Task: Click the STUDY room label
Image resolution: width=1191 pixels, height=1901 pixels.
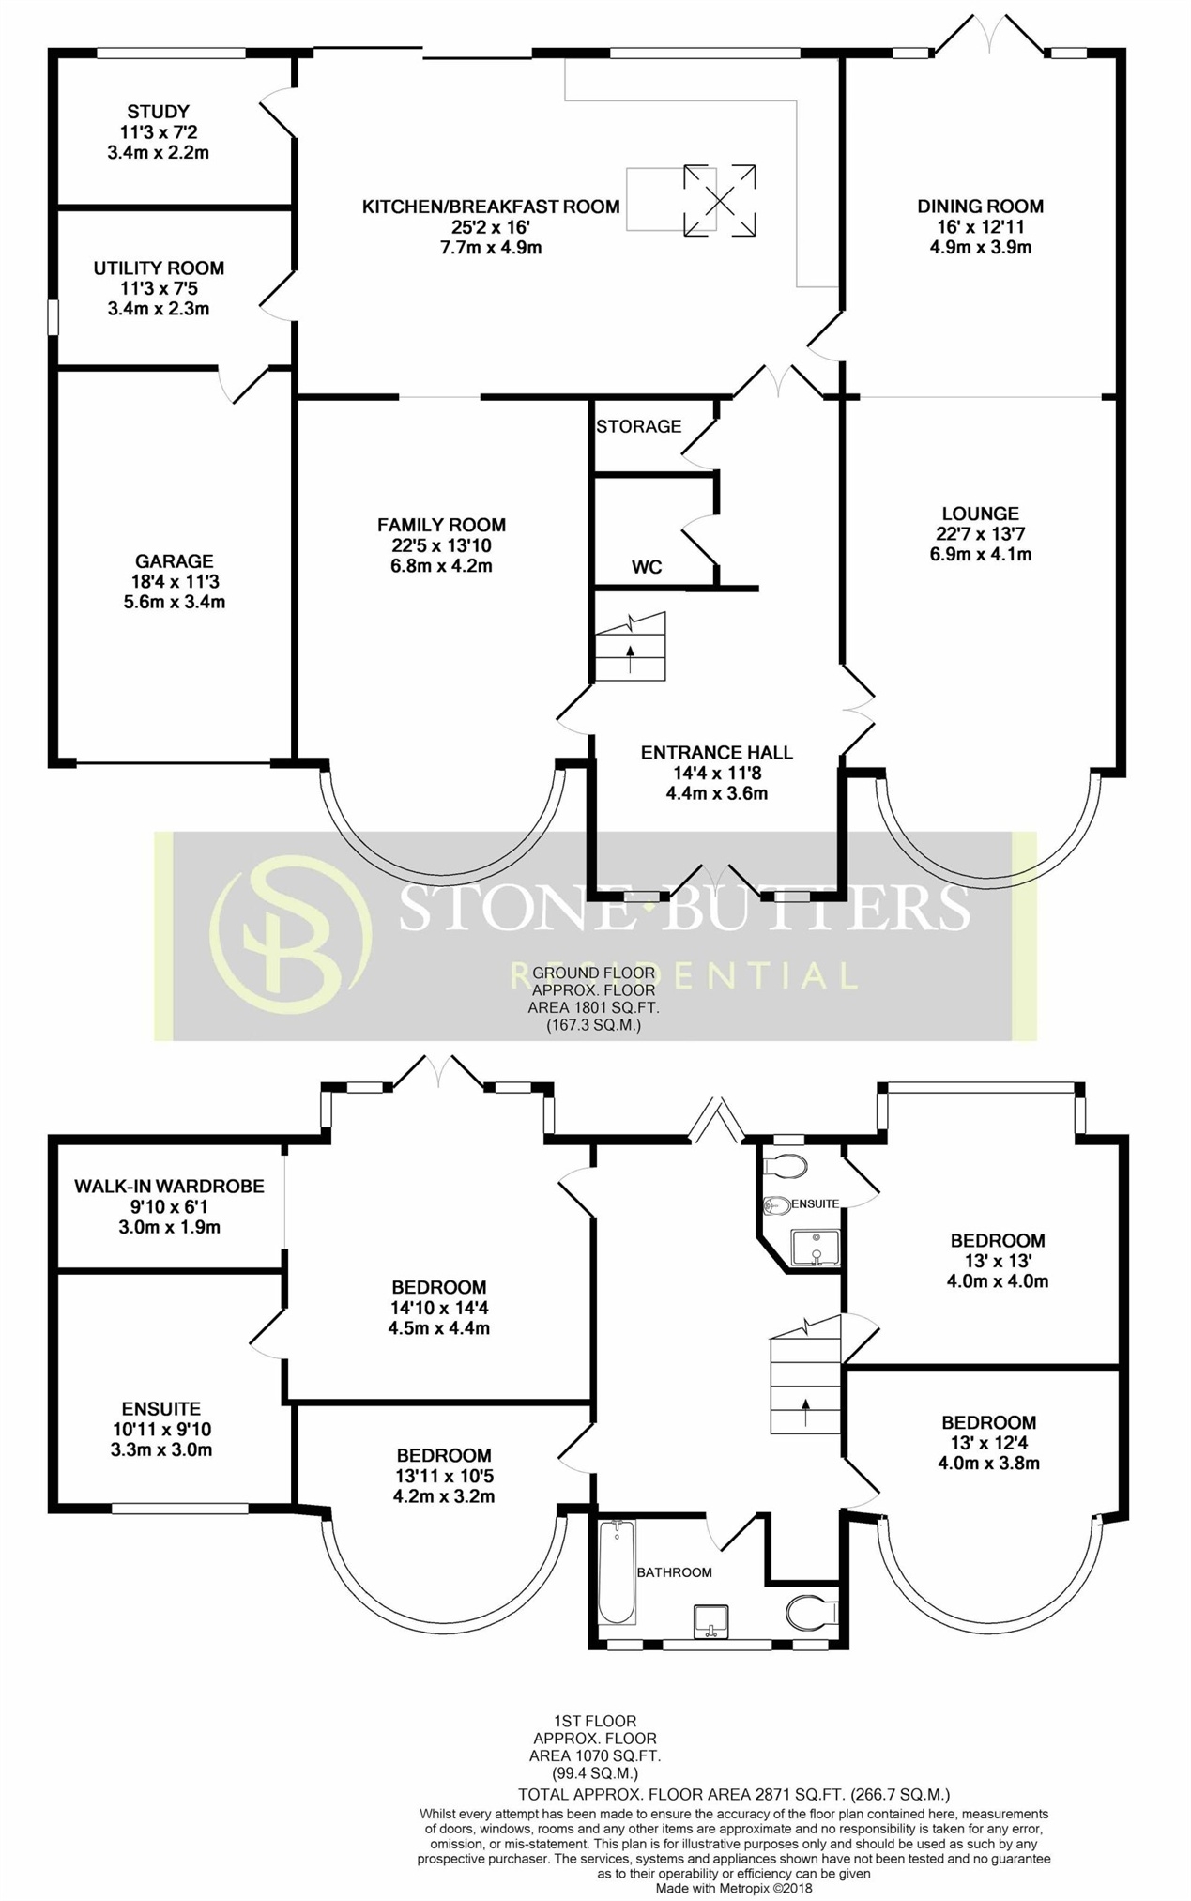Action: (159, 112)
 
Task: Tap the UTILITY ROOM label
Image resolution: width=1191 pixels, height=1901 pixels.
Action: (159, 268)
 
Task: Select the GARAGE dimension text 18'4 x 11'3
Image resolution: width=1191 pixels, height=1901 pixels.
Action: (175, 582)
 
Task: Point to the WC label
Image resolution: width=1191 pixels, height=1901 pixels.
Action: (647, 567)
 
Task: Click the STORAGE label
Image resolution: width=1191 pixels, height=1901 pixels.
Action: (639, 426)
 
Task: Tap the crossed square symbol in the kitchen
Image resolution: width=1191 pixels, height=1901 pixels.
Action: (720, 201)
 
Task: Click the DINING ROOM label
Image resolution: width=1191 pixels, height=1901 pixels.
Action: (981, 207)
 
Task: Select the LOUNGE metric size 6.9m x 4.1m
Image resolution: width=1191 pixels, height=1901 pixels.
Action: (981, 554)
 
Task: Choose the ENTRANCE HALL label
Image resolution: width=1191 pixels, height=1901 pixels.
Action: (717, 753)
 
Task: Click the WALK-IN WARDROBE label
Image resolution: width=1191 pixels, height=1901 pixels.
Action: (170, 1187)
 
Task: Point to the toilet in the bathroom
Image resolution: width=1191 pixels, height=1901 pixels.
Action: (811, 1614)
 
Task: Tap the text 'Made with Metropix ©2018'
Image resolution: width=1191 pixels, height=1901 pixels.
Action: (734, 1888)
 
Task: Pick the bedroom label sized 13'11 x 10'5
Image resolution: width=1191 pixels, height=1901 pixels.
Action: (444, 1456)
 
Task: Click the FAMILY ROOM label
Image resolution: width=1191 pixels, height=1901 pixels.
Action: (442, 526)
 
